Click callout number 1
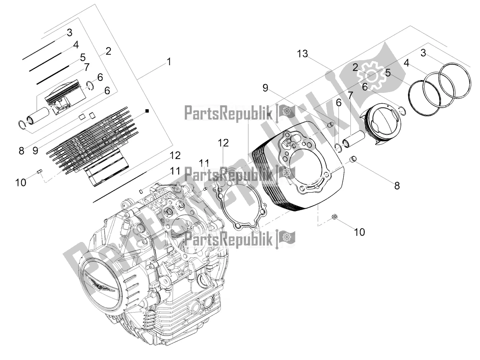169,62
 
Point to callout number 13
302,54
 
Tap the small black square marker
147,110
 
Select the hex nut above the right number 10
335,217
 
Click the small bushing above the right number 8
353,161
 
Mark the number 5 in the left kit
83,57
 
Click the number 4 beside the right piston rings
406,63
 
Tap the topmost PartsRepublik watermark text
230,113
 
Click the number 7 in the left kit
87,67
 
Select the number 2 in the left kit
108,51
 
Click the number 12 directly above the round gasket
223,143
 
